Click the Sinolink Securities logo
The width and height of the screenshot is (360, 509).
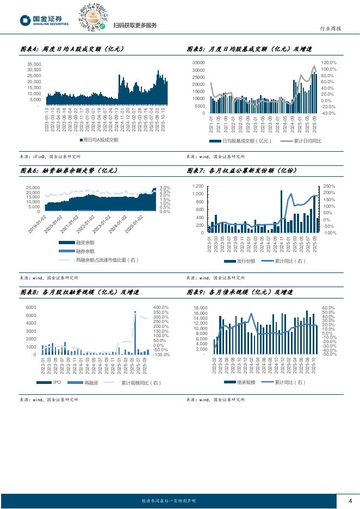point(45,20)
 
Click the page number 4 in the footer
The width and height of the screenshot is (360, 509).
point(350,501)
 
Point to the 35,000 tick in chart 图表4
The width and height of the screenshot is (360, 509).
point(34,64)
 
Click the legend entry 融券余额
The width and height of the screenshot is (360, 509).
point(84,251)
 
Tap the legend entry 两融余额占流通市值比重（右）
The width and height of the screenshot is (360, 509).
point(108,260)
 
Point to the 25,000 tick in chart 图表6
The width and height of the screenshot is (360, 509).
point(32,188)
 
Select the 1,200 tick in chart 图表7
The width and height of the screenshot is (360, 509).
point(197,186)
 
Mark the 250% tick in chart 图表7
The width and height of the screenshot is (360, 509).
point(329,186)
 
